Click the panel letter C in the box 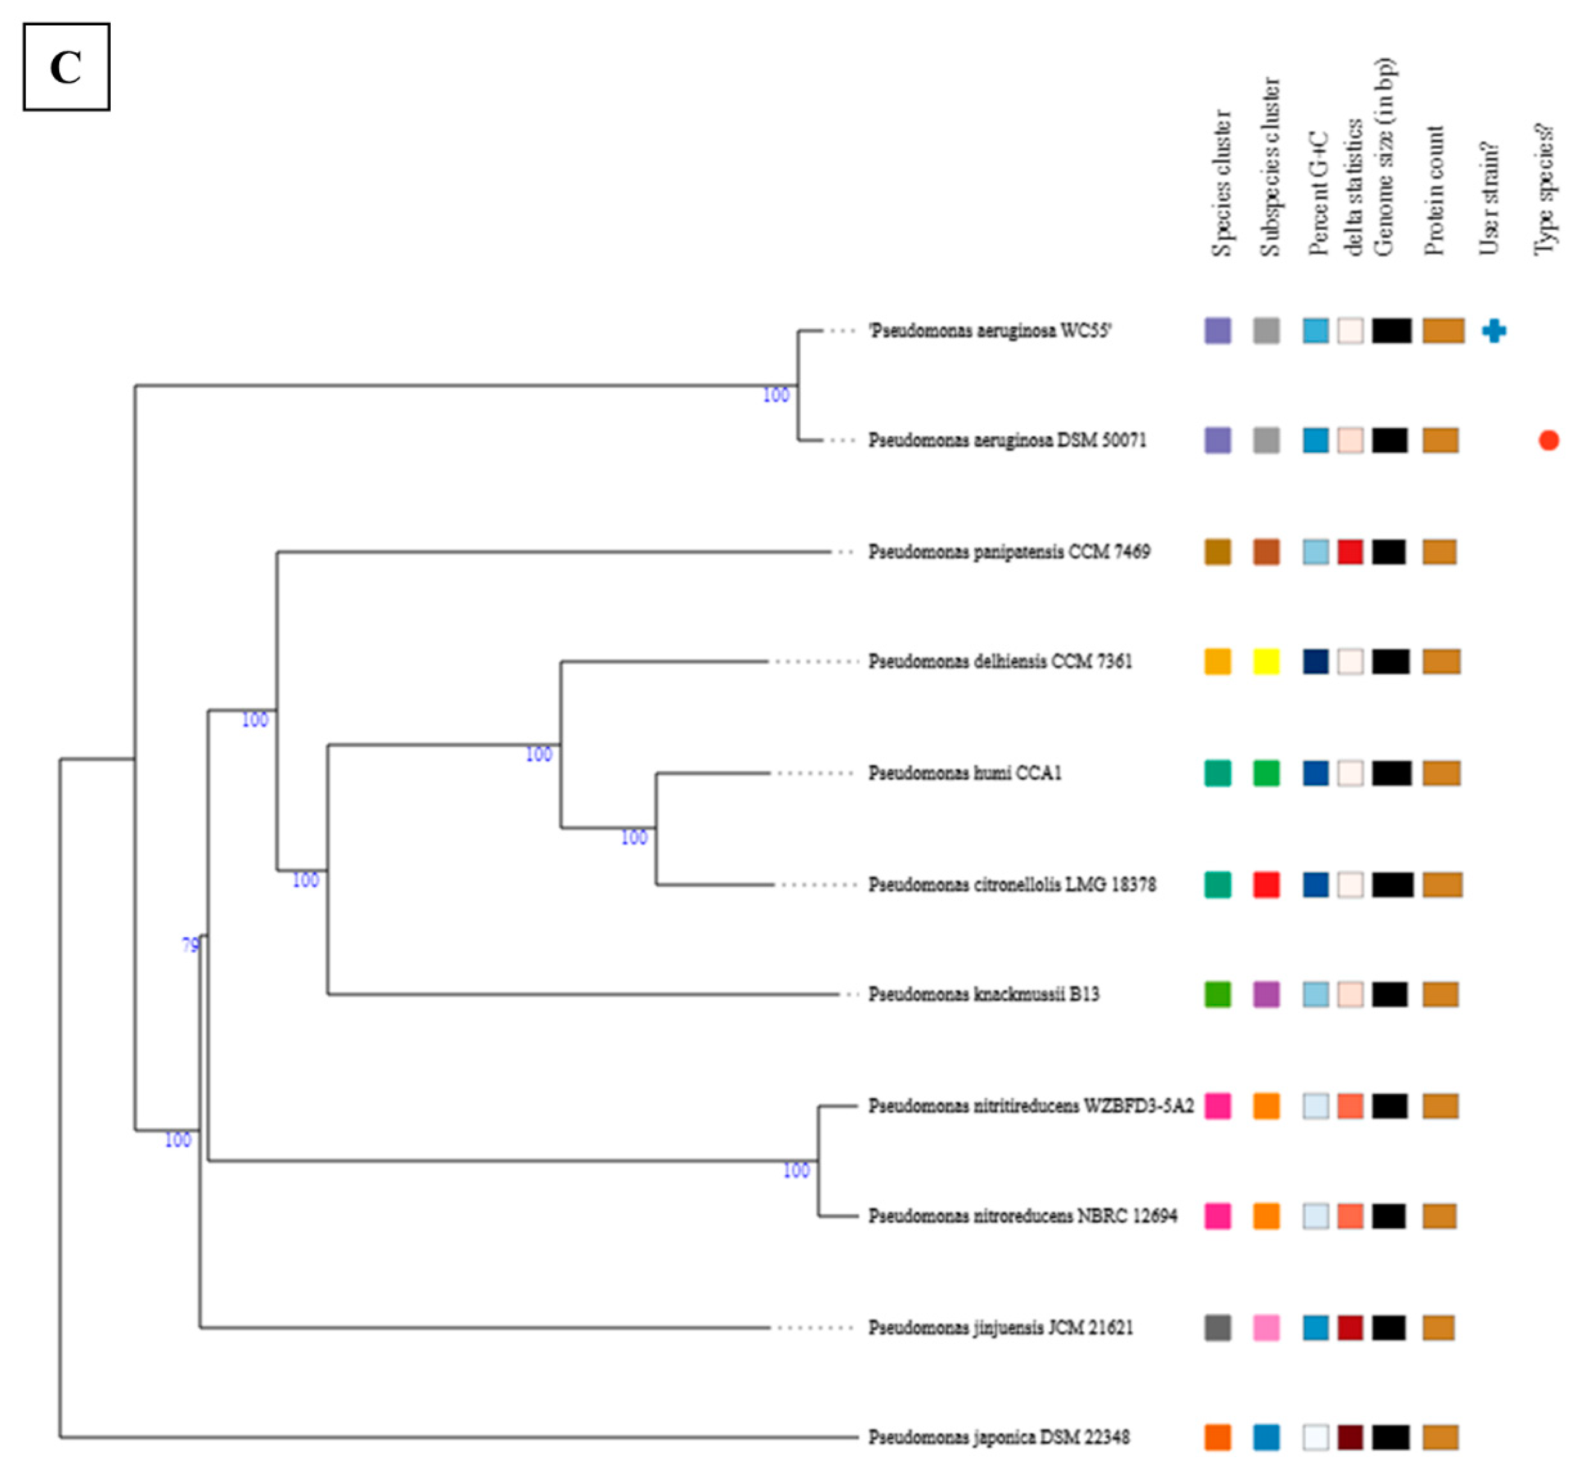tap(65, 67)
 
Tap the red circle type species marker tap(1548, 440)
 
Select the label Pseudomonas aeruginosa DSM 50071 tap(1007, 440)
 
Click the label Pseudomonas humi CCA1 tap(964, 772)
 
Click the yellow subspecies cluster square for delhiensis tap(1266, 662)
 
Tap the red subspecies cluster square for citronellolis tap(1266, 884)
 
